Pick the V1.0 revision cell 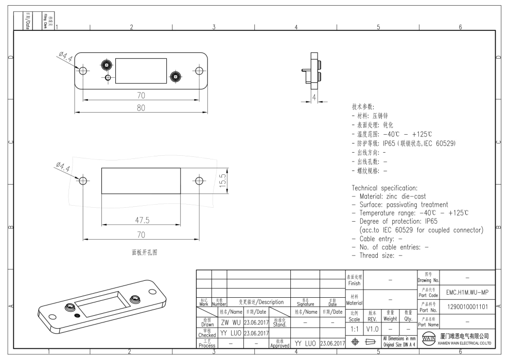373,327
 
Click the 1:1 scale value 355,327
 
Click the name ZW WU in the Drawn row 231,322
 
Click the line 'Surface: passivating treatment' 399,204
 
